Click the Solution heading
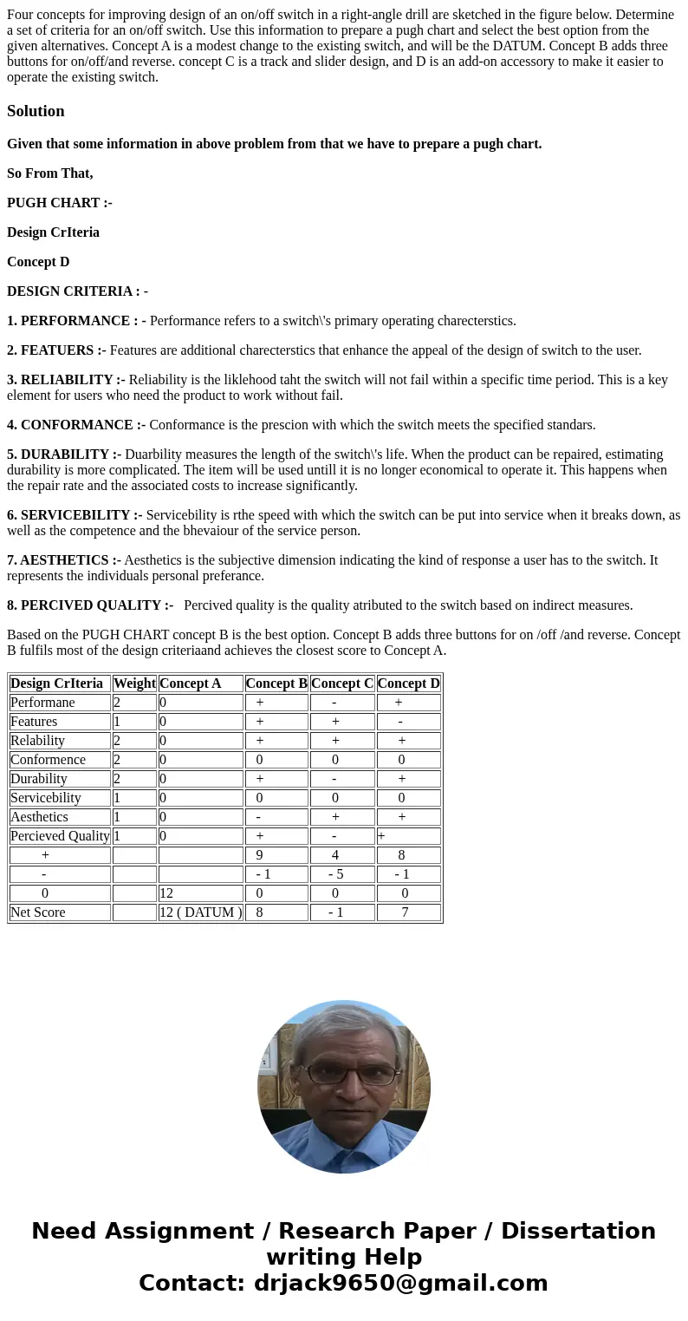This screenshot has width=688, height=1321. click(36, 111)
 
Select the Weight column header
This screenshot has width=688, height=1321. click(134, 683)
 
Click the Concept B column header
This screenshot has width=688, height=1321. click(276, 683)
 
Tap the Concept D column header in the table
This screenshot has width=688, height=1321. click(408, 683)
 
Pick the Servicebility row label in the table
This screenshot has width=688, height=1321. click(46, 798)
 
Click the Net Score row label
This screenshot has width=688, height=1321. click(38, 912)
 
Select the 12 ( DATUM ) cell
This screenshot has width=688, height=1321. click(200, 912)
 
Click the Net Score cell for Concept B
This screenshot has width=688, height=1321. click(260, 912)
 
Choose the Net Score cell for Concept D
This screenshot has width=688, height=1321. click(405, 912)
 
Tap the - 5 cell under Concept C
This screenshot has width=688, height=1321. click(335, 874)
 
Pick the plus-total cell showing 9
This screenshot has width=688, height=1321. click(260, 855)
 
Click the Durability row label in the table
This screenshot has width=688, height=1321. click(39, 779)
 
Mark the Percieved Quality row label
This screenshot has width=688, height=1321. click(60, 836)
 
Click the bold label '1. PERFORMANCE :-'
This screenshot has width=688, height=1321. click(76, 321)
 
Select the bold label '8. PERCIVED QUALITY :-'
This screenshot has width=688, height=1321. click(90, 605)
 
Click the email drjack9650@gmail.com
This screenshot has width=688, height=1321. click(400, 1284)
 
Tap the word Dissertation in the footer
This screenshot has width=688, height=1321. click(578, 1232)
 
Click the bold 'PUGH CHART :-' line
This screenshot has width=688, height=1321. click(60, 203)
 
